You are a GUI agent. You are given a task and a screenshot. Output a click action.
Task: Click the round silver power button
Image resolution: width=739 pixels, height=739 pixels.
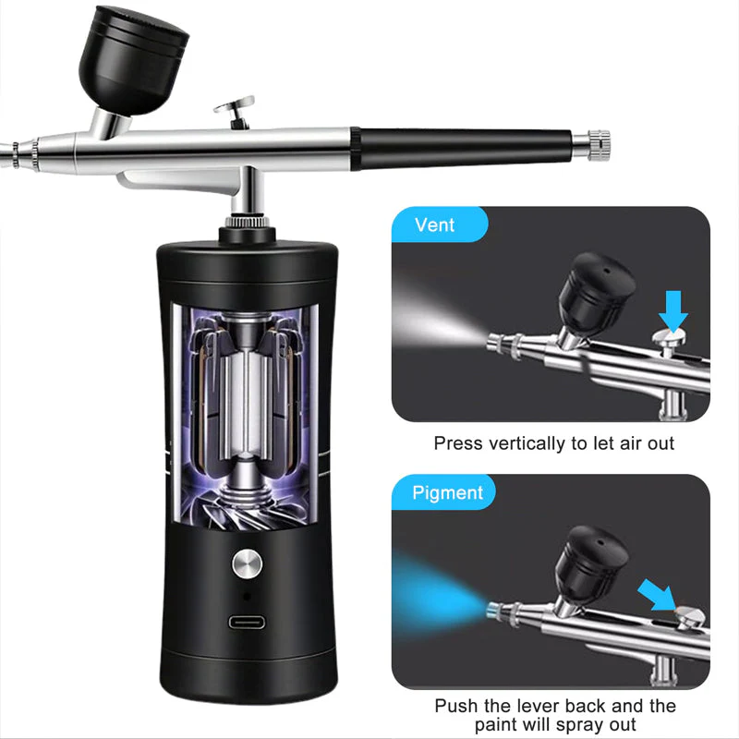pos(247,563)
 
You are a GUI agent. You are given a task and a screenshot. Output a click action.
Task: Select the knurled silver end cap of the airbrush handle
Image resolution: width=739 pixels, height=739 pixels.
pos(592,143)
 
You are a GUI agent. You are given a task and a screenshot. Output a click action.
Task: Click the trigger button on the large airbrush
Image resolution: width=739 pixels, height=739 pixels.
pos(235,112)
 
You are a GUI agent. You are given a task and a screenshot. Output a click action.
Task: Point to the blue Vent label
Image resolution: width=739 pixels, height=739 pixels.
pos(435,224)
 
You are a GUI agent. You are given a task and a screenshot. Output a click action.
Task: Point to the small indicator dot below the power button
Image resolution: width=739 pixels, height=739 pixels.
pos(247,596)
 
